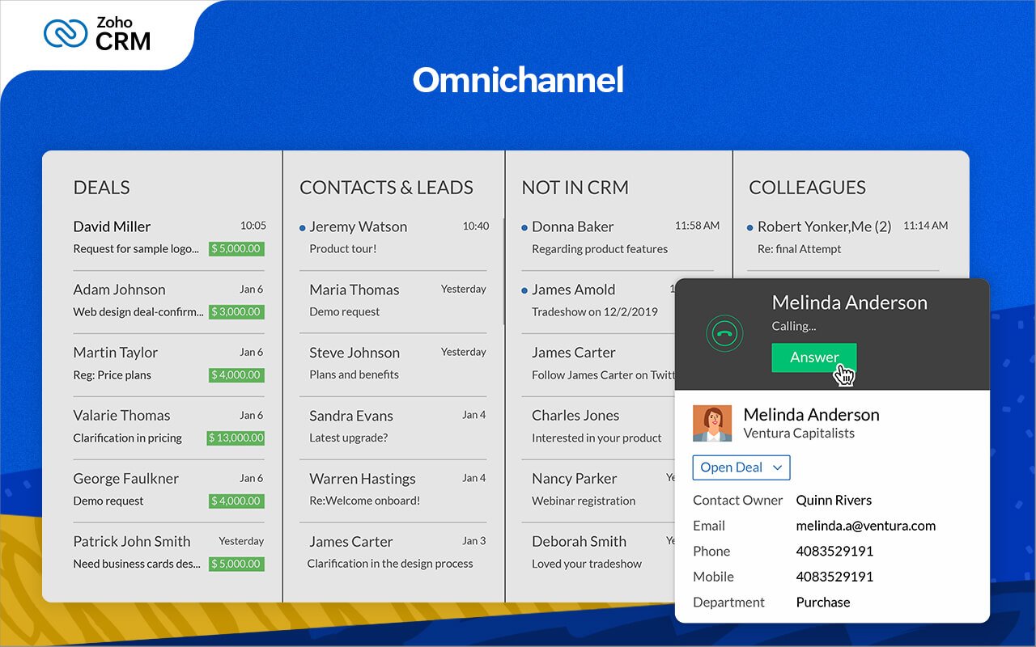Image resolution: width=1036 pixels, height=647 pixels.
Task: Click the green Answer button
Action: pos(813,357)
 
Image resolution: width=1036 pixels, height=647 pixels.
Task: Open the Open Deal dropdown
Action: pos(741,467)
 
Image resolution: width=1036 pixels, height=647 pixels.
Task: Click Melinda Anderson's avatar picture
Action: pos(712,423)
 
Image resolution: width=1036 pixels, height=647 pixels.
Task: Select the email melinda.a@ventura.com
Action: pos(865,526)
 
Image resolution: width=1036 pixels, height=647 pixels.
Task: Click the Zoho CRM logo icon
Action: pos(65,33)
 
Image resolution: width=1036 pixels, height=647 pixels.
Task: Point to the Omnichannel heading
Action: pos(518,80)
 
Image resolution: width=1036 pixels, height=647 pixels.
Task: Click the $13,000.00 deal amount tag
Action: pos(236,438)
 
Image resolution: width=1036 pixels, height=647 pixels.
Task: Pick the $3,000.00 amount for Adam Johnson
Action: pos(236,312)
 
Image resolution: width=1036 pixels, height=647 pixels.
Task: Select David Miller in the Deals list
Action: pos(112,226)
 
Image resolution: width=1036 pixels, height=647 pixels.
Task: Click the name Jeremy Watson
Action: pos(358,226)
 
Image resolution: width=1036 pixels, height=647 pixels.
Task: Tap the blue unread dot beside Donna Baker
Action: pos(524,227)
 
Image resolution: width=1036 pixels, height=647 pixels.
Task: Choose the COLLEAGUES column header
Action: pos(807,188)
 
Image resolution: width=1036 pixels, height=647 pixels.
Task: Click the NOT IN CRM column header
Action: pos(575,188)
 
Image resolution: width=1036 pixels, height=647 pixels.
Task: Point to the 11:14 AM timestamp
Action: pos(925,226)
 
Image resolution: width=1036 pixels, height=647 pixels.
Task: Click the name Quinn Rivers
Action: pos(834,500)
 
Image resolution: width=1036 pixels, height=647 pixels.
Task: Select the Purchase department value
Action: pos(822,602)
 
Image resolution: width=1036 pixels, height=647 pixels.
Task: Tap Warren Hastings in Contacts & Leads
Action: pos(362,479)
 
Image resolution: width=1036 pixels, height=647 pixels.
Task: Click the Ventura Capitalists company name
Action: pos(798,433)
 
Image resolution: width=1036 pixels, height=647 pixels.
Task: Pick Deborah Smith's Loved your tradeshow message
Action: pos(586,564)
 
